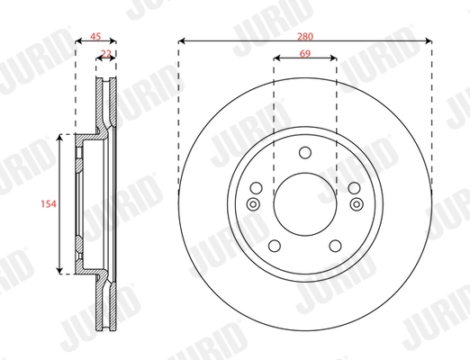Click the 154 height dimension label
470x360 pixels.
[50, 204]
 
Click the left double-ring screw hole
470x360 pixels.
[252, 205]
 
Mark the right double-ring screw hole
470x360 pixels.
[357, 205]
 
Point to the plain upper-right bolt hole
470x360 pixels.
[352, 188]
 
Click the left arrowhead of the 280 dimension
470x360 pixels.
[181, 40]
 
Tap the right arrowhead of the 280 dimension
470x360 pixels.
[429, 40]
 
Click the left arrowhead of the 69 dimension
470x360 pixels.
[276, 58]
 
